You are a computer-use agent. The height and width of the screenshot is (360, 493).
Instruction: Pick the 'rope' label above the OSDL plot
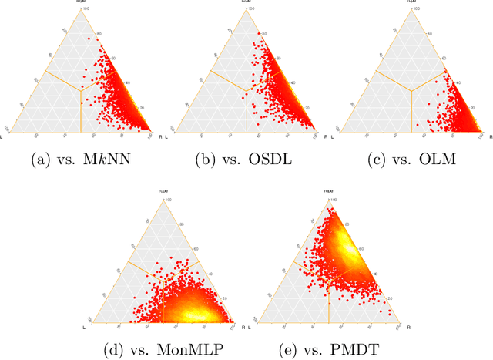coord(246,2)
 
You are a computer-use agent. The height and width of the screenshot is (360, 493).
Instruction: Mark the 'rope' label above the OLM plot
coord(410,2)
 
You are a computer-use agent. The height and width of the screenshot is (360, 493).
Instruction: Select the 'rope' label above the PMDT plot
coord(328,190)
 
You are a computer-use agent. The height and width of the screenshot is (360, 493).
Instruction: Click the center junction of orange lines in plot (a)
coord(81,90)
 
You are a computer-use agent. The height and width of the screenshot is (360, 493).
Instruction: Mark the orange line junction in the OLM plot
coord(411,90)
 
